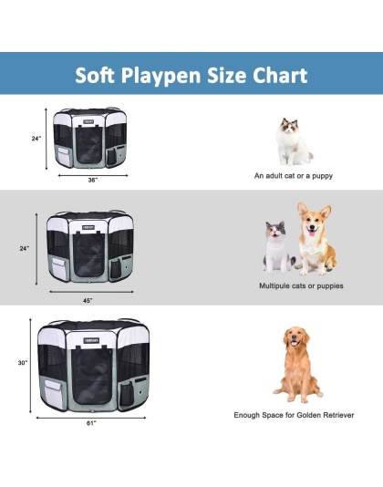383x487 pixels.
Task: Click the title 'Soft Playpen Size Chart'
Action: (191, 75)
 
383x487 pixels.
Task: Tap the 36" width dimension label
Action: (92, 180)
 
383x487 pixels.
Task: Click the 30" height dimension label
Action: (22, 363)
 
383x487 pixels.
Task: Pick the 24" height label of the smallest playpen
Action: (36, 139)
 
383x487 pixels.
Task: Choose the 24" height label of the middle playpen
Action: (25, 248)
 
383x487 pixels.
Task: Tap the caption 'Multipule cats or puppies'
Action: (295, 285)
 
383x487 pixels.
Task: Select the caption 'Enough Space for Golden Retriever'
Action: (295, 414)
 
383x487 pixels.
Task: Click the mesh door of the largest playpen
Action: (90, 378)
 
